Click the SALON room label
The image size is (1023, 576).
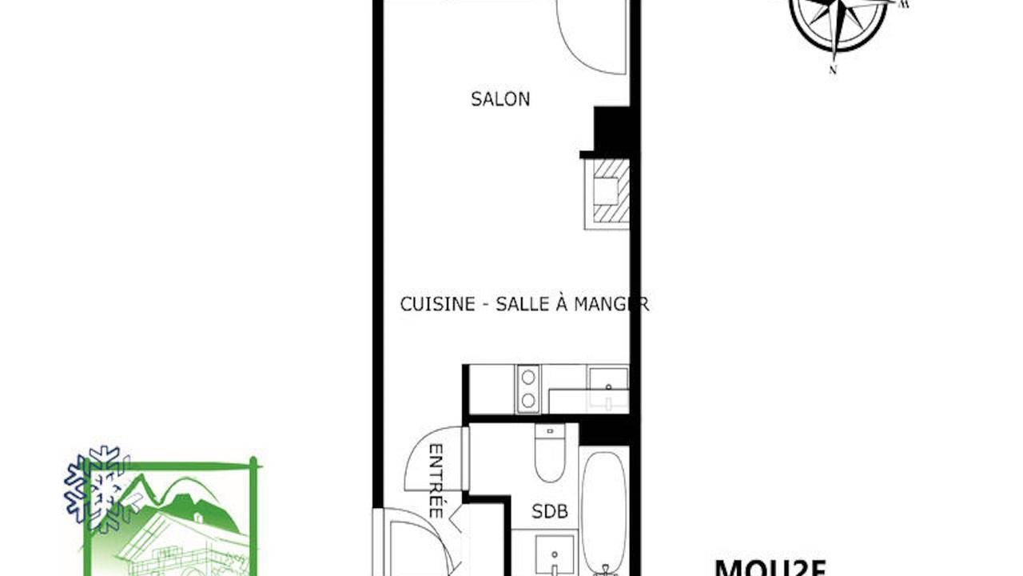click(x=500, y=99)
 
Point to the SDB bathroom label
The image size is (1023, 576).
click(x=549, y=511)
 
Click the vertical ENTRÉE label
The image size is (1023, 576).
click(x=436, y=480)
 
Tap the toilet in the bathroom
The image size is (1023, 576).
click(x=550, y=454)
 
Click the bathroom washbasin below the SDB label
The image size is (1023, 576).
click(x=554, y=554)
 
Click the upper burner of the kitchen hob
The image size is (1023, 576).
click(x=528, y=377)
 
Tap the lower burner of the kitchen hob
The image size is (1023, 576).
click(x=528, y=400)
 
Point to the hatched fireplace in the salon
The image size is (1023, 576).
click(x=607, y=193)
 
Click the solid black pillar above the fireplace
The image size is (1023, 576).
click(x=612, y=130)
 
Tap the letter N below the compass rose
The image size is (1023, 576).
click(x=833, y=70)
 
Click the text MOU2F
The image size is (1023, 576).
click(x=770, y=567)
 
